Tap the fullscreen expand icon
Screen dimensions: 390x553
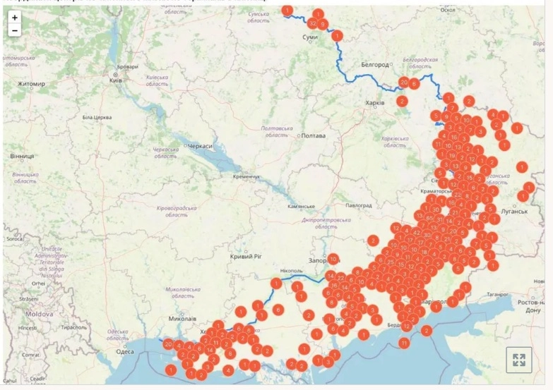click(x=518, y=360)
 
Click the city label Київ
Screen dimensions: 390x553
click(x=116, y=80)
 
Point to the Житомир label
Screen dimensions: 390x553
click(x=31, y=85)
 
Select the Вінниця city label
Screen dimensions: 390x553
click(x=21, y=155)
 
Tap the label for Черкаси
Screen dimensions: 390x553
click(x=198, y=145)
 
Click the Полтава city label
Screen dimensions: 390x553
click(x=313, y=135)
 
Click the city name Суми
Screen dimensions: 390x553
click(x=309, y=37)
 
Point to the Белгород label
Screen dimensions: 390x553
click(x=375, y=65)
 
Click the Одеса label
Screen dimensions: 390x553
click(x=124, y=351)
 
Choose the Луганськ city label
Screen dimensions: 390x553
click(x=516, y=211)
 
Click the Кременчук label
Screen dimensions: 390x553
click(x=247, y=176)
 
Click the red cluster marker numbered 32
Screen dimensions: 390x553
click(x=311, y=23)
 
